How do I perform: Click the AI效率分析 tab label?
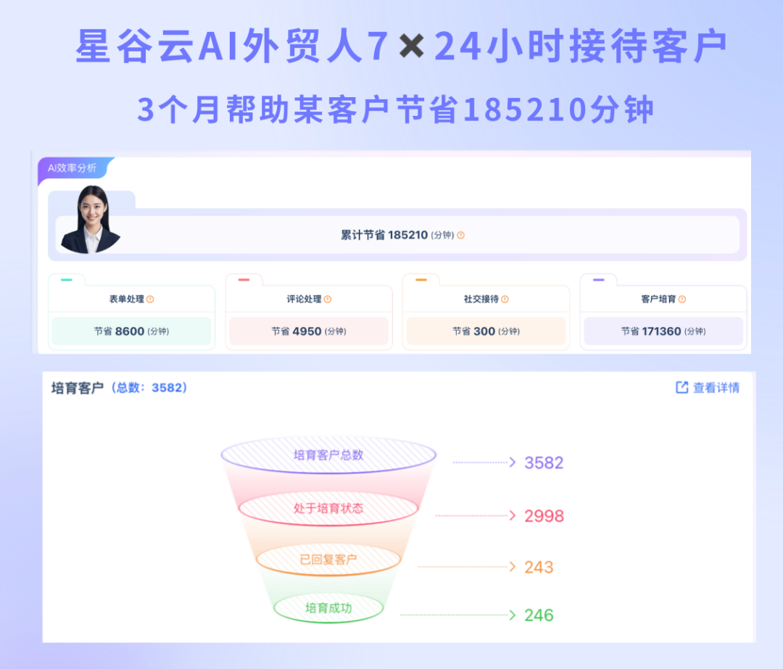[72, 168]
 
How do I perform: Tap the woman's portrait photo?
[91, 219]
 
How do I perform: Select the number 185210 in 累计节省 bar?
[408, 235]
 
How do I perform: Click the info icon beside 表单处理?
[150, 299]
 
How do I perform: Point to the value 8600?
[130, 331]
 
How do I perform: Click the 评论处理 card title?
[304, 299]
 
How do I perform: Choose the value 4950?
[307, 331]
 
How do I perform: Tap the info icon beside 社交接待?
[505, 299]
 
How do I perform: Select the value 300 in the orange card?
[484, 331]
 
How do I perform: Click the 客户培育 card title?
[658, 299]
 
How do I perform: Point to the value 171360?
[662, 331]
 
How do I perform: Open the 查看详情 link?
[708, 388]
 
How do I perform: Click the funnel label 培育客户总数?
[328, 455]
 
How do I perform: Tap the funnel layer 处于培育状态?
[328, 509]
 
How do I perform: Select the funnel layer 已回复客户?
[328, 560]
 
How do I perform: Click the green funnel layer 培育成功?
[328, 607]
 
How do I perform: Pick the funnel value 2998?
[544, 516]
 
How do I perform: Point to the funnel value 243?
[539, 567]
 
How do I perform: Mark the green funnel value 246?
[539, 615]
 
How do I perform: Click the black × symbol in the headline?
[412, 46]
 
